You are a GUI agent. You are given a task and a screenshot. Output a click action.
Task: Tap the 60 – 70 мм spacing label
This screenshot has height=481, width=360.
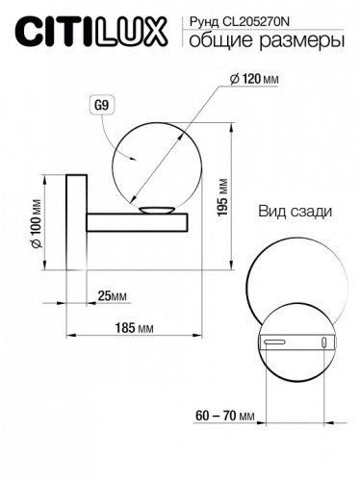(227, 417)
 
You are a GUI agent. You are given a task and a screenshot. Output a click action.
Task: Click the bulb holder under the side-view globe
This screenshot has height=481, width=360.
(154, 211)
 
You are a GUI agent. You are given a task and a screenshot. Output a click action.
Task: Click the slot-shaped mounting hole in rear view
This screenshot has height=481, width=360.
(274, 341)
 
